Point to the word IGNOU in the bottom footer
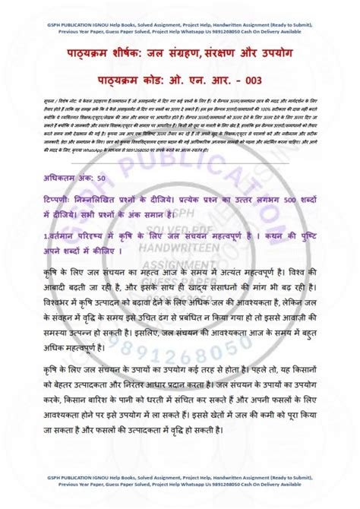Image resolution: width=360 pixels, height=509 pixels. (x=112, y=495)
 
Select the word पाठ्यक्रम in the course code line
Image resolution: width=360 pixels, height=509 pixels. (x=126, y=80)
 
